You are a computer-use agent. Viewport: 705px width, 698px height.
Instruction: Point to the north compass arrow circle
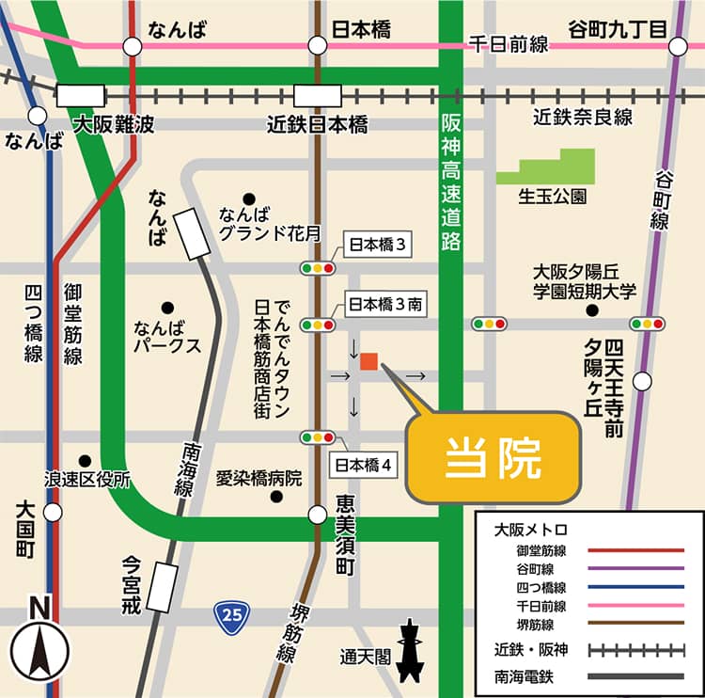point(40,650)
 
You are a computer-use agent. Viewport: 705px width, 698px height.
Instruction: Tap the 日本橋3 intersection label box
point(376,246)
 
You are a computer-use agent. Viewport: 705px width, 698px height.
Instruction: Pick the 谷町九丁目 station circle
point(679,46)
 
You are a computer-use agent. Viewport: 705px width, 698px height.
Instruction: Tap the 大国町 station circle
point(53,512)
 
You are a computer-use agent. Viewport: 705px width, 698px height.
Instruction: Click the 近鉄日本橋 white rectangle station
point(317,96)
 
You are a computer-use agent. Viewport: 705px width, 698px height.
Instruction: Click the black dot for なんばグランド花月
point(249,198)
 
